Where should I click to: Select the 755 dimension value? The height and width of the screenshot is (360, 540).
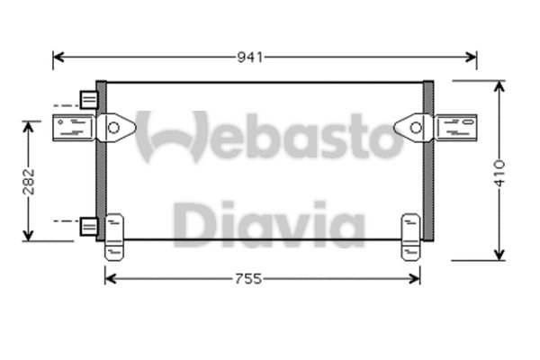pos(248,279)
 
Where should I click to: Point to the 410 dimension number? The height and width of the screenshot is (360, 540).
pos(499,170)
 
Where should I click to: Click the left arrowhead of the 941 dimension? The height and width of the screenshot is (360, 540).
pos(58,58)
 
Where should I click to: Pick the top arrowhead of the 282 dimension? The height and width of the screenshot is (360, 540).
pos(30,126)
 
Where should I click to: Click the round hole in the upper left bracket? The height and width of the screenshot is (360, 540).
pos(113,128)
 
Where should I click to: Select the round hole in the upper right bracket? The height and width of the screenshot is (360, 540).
pos(415,128)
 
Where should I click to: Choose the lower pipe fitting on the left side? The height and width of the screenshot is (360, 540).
pos(88,227)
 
